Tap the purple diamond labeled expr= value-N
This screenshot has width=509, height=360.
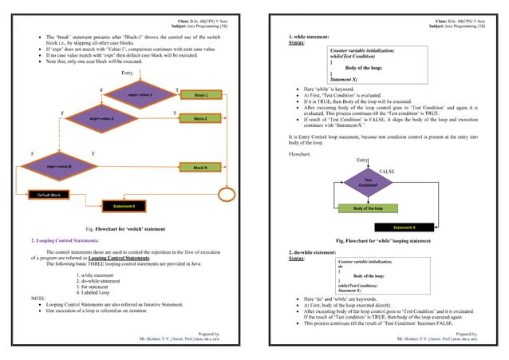(x=60, y=167)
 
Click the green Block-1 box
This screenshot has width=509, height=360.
(x=200, y=95)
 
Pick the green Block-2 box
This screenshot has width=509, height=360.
(x=200, y=119)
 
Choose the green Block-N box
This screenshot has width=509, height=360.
(x=200, y=168)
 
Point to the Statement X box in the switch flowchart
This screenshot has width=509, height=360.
(x=124, y=207)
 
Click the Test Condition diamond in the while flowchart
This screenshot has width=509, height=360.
(x=368, y=182)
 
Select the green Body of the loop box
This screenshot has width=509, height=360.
(x=368, y=208)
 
